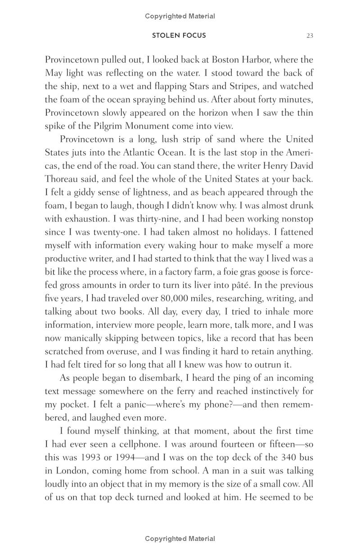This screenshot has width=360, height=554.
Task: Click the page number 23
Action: point(310,36)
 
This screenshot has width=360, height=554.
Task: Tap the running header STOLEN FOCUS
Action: point(179,36)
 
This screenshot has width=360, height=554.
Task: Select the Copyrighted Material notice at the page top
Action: point(180,16)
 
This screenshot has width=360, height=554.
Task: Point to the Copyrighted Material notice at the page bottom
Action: point(180,539)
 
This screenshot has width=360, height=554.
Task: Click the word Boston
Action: point(227,60)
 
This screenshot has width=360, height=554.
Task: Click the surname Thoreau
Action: point(63,179)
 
